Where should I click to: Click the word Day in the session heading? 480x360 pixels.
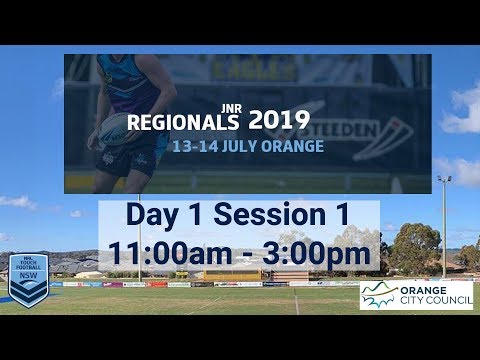(155, 215)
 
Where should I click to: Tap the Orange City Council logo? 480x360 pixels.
(416, 295)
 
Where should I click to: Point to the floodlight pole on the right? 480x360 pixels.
(444, 225)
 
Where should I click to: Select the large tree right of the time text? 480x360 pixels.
(415, 247)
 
